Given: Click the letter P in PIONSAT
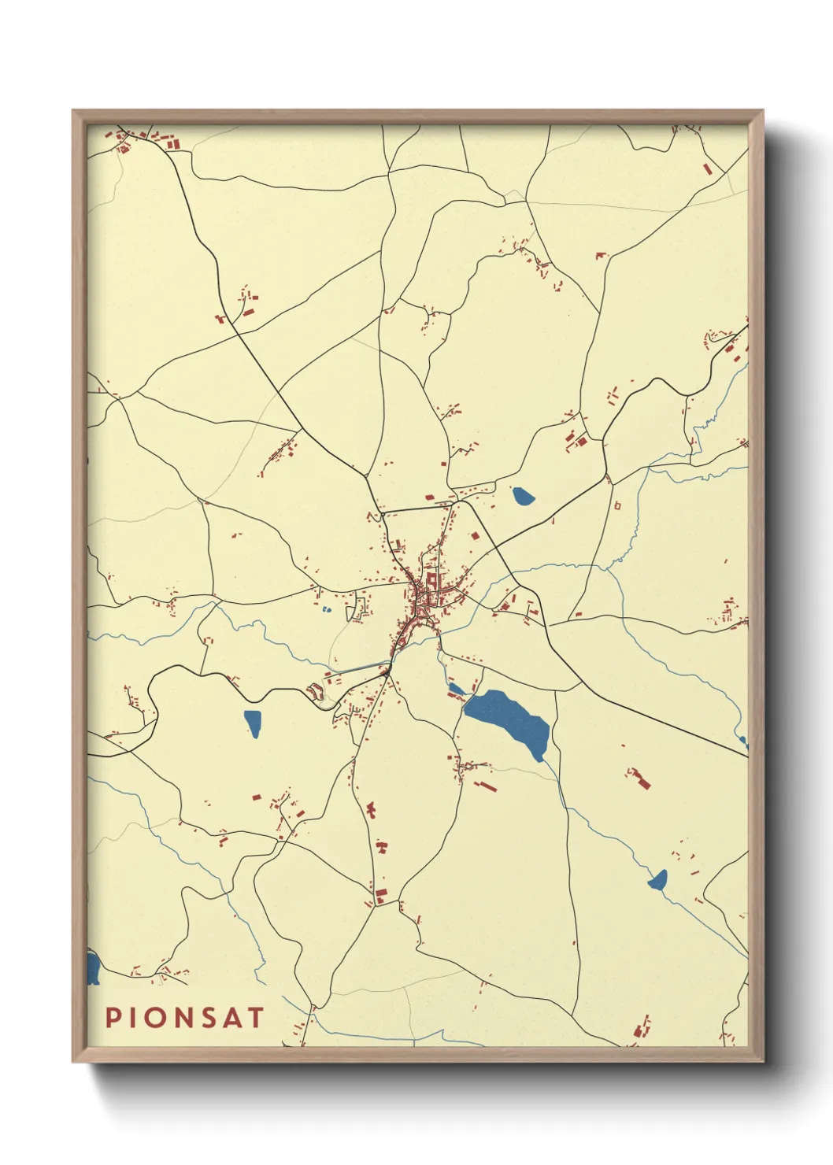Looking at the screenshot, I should point(113,1017).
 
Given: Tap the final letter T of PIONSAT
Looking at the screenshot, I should point(255,1017).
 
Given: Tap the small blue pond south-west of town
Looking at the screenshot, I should point(253,723).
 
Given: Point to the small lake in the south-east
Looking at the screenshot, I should point(658,880).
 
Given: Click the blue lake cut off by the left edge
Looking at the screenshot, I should point(92,968).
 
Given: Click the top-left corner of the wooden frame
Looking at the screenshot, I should point(74,112).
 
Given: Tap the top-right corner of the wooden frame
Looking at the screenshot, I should point(761,112).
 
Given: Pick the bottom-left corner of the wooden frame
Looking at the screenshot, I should point(74,1060).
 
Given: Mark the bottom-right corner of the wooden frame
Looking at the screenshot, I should point(761,1060).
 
